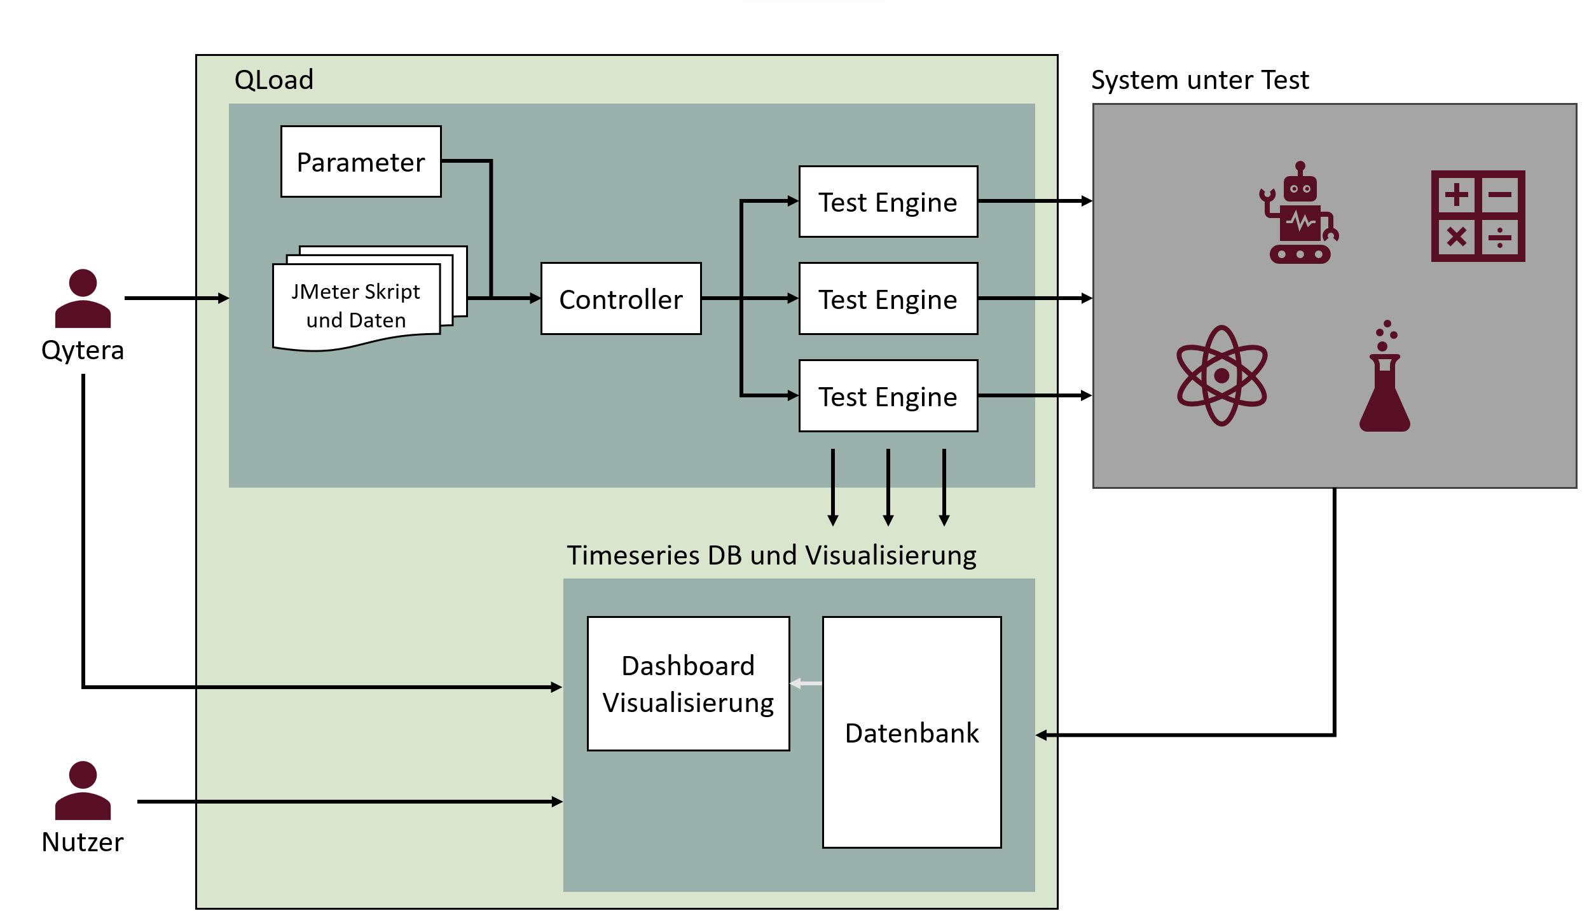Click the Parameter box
point(361,161)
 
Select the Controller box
point(621,298)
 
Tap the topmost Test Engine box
point(888,202)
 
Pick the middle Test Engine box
point(888,298)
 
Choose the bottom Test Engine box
point(888,395)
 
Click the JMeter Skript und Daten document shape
point(356,305)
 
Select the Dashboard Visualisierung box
point(688,683)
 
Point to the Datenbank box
point(911,732)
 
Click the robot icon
point(1299,213)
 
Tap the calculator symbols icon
point(1477,216)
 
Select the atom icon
point(1221,375)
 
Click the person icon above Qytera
point(83,298)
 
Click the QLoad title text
point(273,80)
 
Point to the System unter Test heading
point(1199,80)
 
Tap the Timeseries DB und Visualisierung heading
point(771,555)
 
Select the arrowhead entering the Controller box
point(535,298)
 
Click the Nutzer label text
point(83,842)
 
